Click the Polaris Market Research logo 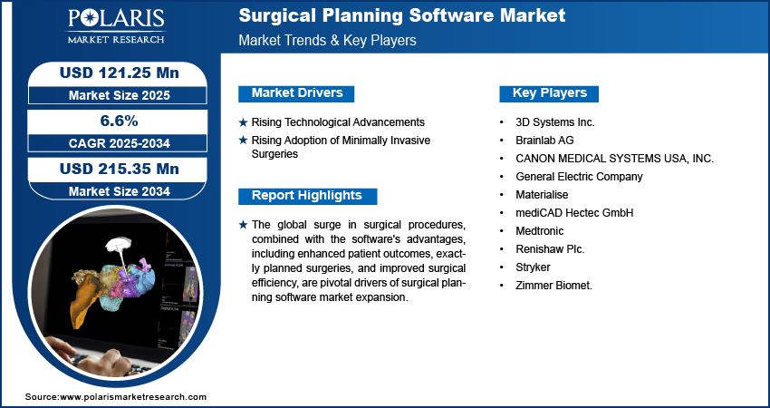[x=116, y=26]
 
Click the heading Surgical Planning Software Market [x=401, y=15]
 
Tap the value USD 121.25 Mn [x=119, y=73]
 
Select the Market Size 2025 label [x=119, y=95]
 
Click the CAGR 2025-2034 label [x=120, y=143]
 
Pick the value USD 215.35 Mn [x=119, y=169]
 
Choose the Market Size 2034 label [x=119, y=191]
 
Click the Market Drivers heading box [x=296, y=93]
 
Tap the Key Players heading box [x=549, y=93]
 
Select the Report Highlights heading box [x=307, y=196]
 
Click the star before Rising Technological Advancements [x=243, y=122]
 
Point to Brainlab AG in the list [x=544, y=141]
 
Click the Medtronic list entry [x=539, y=230]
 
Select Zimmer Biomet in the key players [x=553, y=285]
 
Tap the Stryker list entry [x=533, y=267]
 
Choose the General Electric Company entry [x=579, y=177]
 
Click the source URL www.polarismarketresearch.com [x=132, y=397]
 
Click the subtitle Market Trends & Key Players [x=327, y=40]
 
